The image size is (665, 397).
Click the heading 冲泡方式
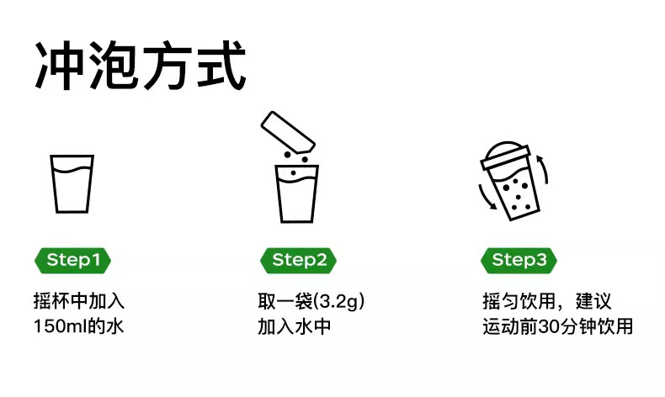[141, 64]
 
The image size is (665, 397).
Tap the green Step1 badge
[72, 260]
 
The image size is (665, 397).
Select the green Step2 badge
[299, 260]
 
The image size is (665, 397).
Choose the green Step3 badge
[519, 260]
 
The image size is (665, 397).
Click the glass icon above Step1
[72, 183]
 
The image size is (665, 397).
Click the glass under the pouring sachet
[298, 193]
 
